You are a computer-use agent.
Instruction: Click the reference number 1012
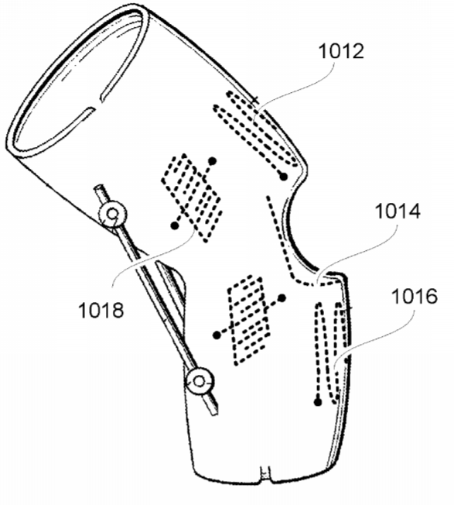click(341, 52)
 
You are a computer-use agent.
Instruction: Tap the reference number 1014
click(398, 211)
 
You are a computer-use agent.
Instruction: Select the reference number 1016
click(415, 297)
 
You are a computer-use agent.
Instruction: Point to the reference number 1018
click(101, 311)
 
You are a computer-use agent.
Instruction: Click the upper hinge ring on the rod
click(113, 214)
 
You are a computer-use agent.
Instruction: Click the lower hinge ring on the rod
click(200, 382)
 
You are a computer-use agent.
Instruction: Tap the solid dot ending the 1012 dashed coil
click(283, 177)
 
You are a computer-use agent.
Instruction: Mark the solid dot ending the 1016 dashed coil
click(318, 402)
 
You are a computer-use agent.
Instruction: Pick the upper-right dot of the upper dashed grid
click(213, 160)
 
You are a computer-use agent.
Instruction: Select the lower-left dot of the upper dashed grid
click(175, 226)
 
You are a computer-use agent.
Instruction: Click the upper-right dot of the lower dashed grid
click(282, 298)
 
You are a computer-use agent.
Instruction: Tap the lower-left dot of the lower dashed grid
click(217, 335)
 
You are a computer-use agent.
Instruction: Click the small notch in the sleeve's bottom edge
click(265, 474)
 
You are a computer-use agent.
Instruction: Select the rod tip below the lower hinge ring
click(213, 411)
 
